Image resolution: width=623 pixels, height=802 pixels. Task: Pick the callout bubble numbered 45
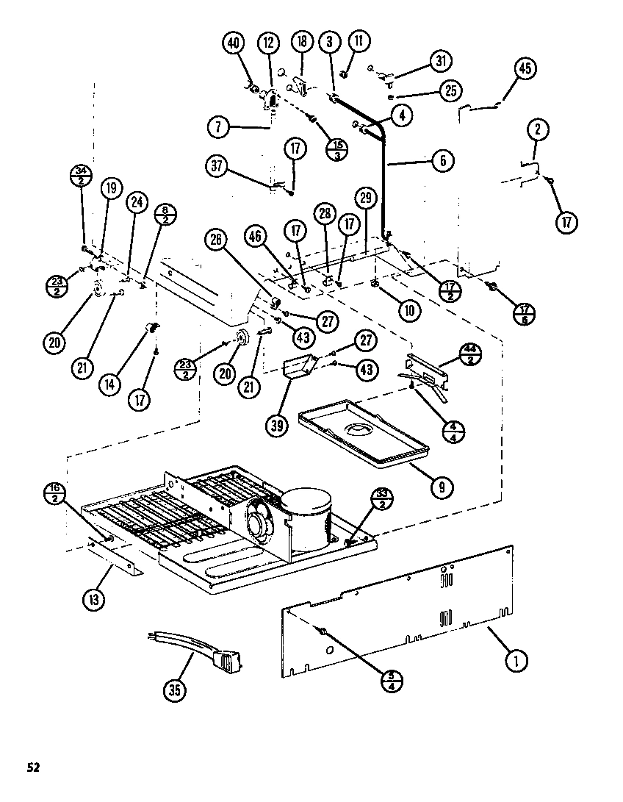pos(525,69)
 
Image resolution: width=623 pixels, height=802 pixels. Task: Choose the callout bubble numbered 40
pos(233,43)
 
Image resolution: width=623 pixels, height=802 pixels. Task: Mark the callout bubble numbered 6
pos(442,161)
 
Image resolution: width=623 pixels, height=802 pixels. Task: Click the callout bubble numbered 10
pos(411,309)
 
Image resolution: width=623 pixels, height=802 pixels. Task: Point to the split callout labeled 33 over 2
pos(381,498)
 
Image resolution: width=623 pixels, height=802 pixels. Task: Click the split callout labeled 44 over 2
pos(470,354)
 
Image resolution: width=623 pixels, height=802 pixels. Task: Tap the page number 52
pos(33,767)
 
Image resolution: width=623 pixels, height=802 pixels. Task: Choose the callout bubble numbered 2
pos(538,130)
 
